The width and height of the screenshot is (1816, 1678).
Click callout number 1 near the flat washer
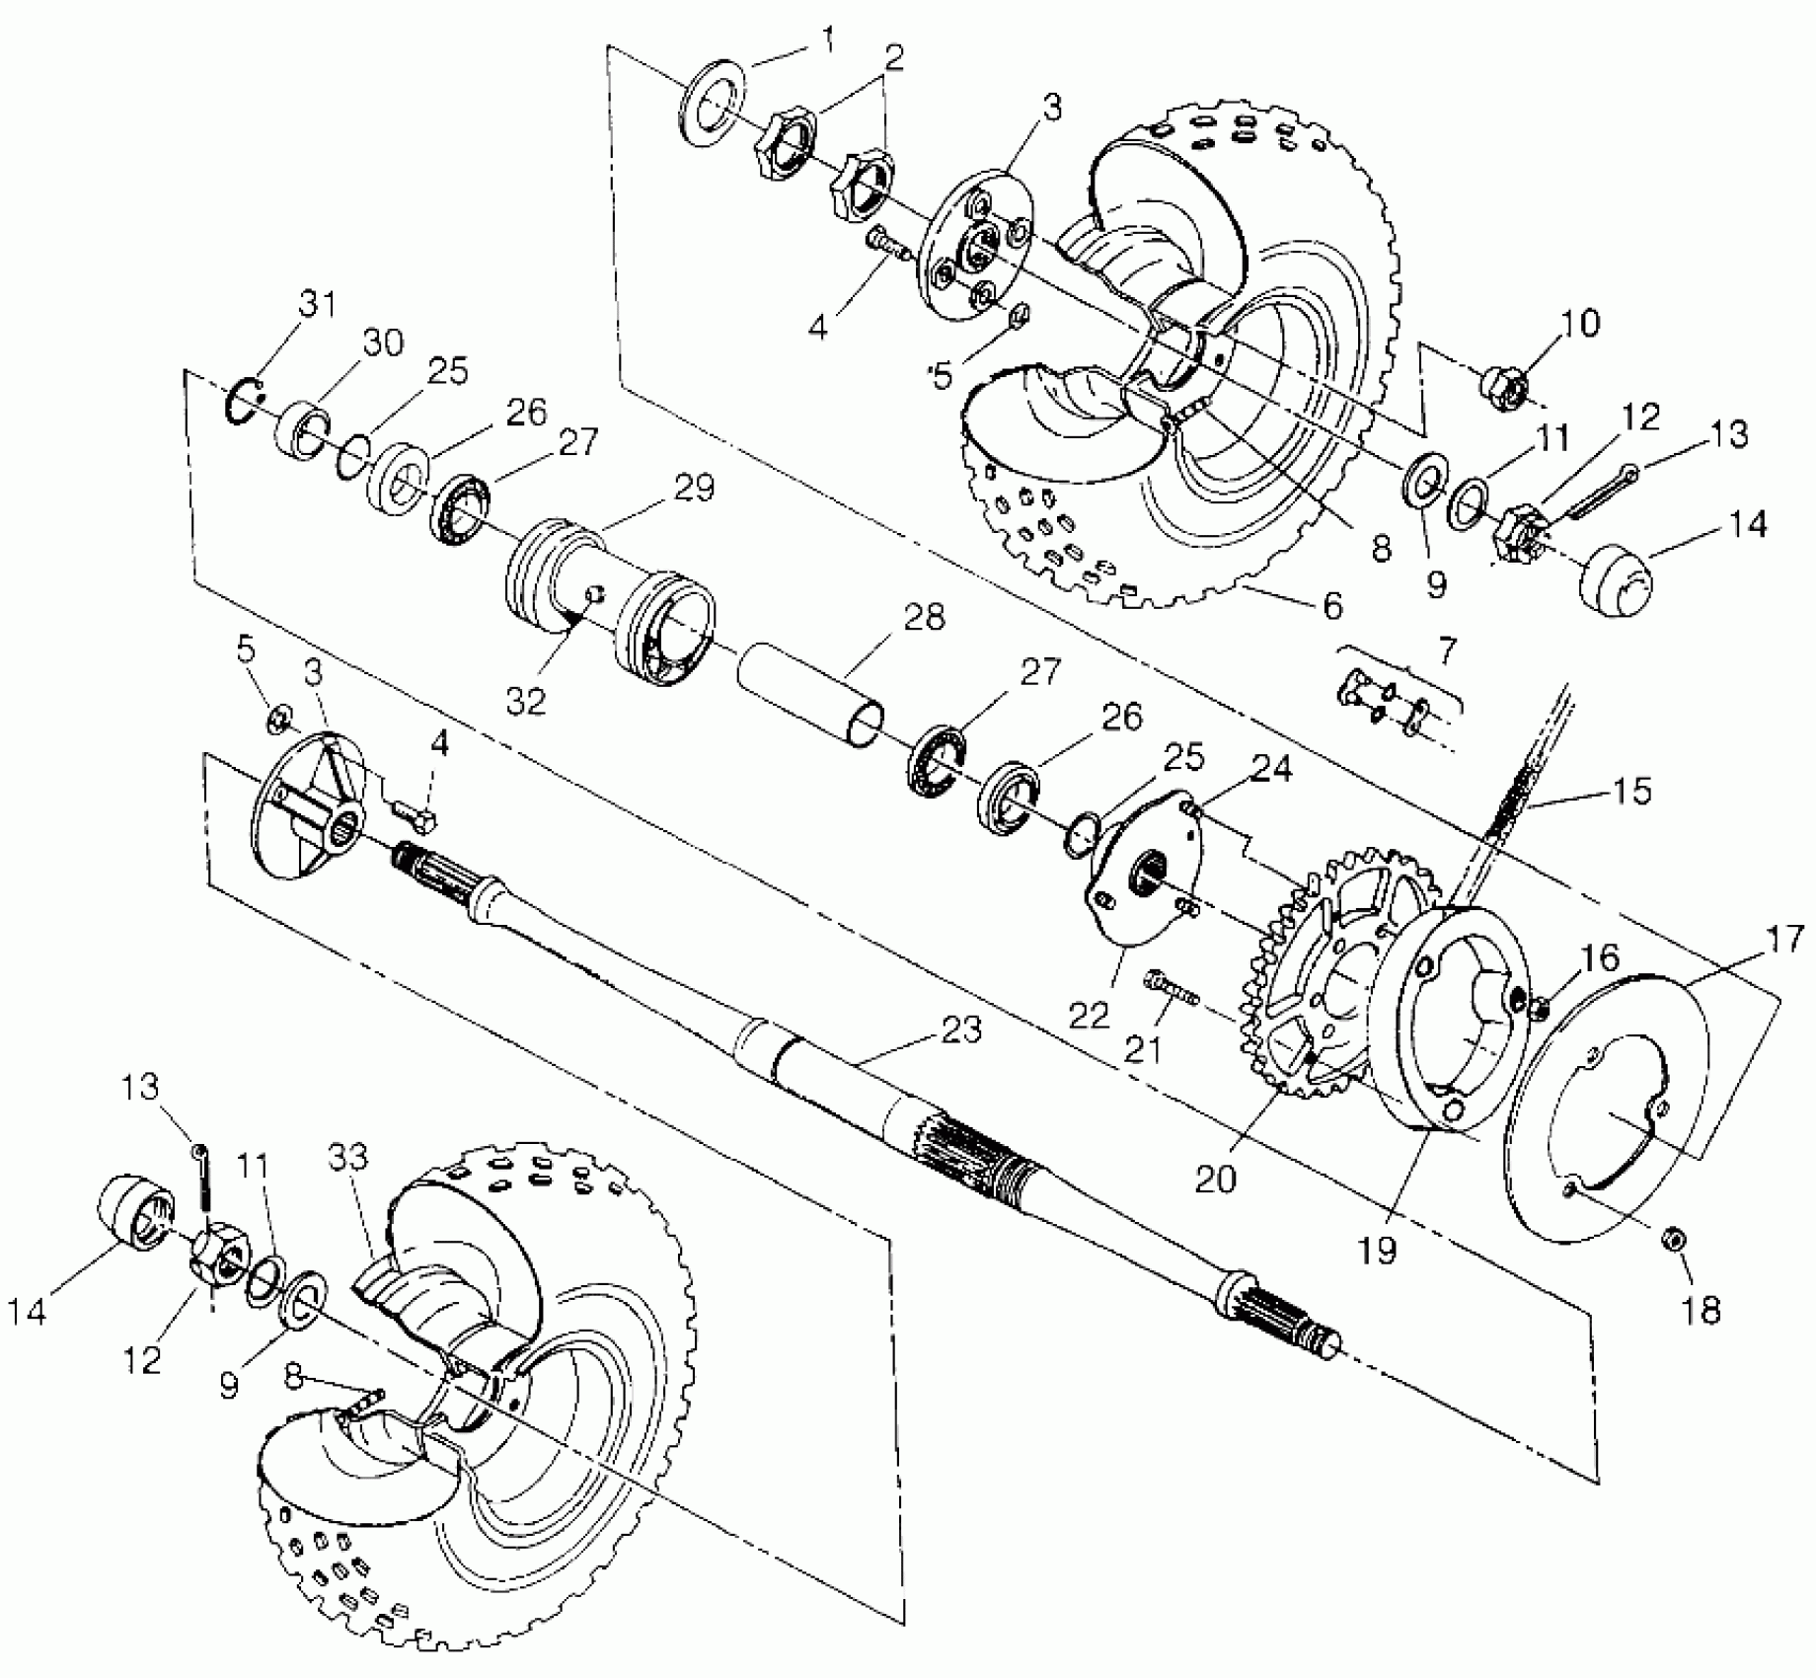coord(826,40)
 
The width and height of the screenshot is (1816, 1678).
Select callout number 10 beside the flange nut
coord(1580,324)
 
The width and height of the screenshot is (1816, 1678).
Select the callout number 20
coord(1215,1179)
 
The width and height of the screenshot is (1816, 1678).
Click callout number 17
coord(1783,938)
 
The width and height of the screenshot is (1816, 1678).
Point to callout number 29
coord(694,488)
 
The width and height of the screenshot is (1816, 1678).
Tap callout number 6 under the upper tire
coord(1333,605)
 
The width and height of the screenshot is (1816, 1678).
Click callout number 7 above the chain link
coord(1446,650)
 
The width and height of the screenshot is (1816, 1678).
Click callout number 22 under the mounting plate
coord(1090,1016)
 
